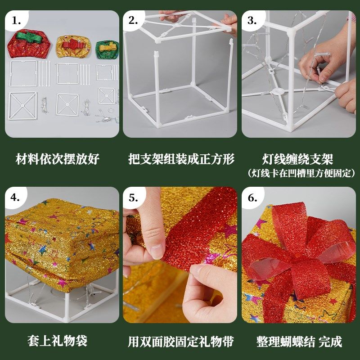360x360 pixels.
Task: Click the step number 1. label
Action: (x=17, y=21)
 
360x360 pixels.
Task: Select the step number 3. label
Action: (x=252, y=21)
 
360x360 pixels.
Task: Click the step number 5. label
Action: (x=134, y=197)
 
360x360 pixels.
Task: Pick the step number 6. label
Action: (x=252, y=197)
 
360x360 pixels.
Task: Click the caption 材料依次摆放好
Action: (x=58, y=159)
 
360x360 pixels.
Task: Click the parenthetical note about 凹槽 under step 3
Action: (x=301, y=173)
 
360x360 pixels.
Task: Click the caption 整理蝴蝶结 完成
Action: (x=299, y=341)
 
